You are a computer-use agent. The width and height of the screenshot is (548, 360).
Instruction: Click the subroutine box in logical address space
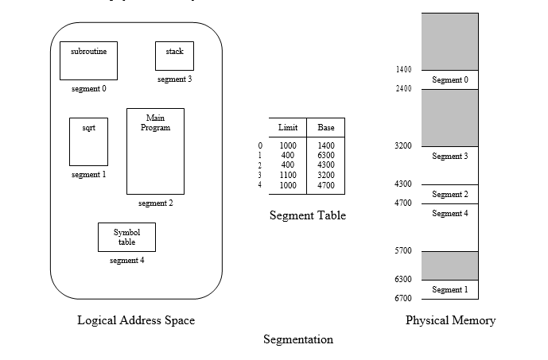pos(88,60)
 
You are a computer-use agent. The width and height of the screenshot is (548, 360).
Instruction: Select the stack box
pos(174,56)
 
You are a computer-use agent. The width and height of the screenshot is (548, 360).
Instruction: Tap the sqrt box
pos(88,141)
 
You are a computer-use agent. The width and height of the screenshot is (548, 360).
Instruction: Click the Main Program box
pos(155,151)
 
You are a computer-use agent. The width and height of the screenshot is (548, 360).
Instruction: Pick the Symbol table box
pos(126,237)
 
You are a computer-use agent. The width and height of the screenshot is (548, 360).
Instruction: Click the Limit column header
pos(288,128)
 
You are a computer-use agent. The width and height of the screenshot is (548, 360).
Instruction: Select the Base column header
pos(326,128)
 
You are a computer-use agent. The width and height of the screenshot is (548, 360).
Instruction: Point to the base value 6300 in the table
pos(326,156)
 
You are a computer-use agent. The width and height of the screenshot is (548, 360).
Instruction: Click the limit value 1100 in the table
pos(288,175)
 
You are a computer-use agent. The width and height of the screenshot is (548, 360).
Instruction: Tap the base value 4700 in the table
pos(326,184)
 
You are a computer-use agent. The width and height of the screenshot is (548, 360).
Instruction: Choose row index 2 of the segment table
pos(260,165)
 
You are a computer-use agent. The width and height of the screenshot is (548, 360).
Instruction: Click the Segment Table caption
pos(308,215)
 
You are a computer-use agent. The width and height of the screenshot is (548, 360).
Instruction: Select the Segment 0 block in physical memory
pos(450,79)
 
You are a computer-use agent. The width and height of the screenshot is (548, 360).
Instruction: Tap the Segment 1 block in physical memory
pos(450,289)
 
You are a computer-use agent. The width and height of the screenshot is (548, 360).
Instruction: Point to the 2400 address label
pos(403,89)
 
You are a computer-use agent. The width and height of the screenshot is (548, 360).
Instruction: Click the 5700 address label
pos(403,251)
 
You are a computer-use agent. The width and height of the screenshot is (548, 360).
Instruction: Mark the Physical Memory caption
pos(450,321)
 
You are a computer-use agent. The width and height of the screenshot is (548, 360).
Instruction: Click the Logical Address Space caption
pos(136,321)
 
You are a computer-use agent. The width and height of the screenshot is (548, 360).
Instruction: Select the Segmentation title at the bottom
pos(298,340)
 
